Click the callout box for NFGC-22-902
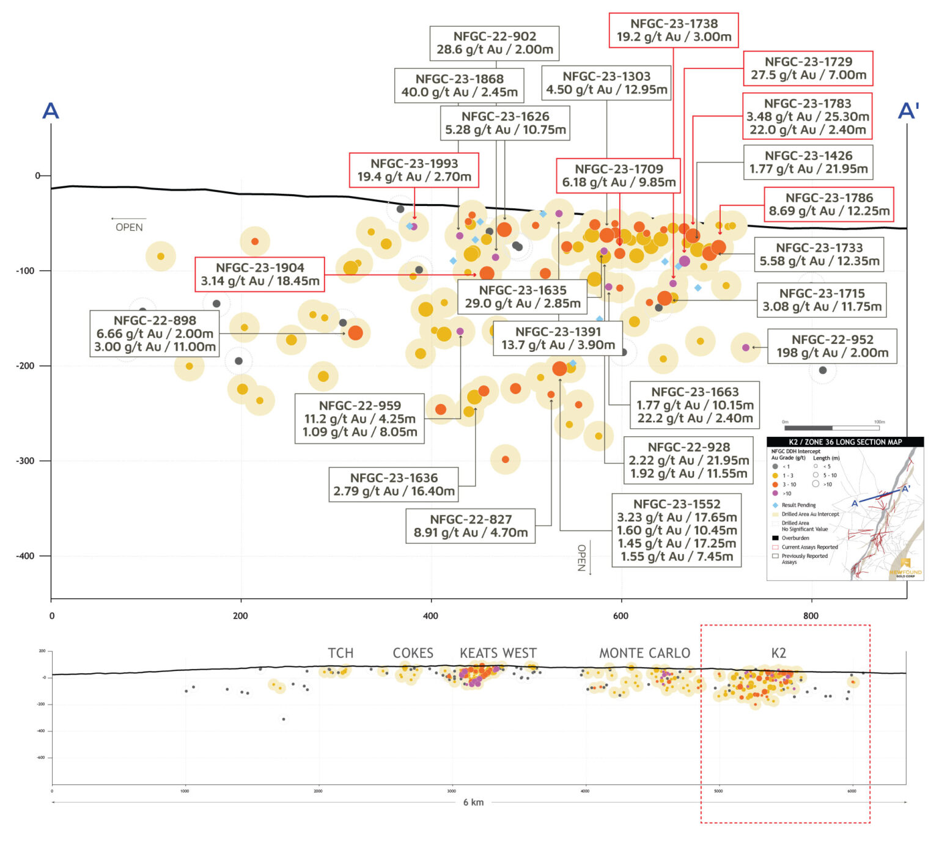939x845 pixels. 495,43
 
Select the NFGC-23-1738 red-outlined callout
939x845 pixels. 674,30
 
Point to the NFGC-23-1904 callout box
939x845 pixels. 260,274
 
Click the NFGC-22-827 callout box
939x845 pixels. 471,526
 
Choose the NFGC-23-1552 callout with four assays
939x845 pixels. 677,530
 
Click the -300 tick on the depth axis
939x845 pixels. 25,461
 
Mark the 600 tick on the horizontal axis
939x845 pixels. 620,615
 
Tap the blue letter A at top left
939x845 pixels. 50,111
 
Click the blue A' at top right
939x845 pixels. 908,111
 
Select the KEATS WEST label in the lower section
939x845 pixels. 498,653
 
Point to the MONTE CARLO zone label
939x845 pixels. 644,653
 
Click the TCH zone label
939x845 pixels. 341,653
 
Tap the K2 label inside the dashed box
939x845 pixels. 778,653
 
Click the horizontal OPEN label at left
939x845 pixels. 129,227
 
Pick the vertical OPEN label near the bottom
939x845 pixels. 581,557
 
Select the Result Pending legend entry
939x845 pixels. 798,505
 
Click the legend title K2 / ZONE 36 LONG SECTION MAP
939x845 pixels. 845,442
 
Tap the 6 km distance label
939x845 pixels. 473,802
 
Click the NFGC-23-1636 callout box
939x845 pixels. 394,485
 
